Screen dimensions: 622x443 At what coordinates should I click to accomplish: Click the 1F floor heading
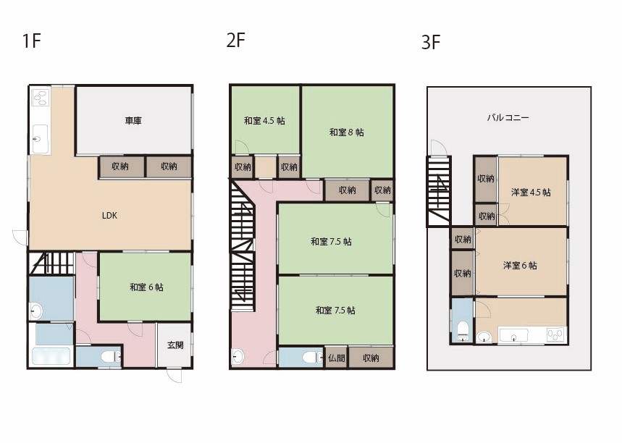coord(32,41)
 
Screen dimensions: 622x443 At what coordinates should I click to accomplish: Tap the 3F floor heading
coord(431,43)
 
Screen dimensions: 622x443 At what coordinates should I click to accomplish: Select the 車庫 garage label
coord(133,120)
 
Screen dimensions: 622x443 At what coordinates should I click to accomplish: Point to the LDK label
coord(109,216)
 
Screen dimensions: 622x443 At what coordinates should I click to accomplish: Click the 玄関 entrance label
coord(175,345)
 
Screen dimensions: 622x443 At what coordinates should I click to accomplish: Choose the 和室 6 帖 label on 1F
coord(146,287)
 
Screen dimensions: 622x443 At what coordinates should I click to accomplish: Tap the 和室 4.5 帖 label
coord(264,121)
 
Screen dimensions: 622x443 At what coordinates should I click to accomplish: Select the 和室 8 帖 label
coord(346,132)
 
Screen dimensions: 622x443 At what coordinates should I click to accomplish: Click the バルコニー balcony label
coord(508,117)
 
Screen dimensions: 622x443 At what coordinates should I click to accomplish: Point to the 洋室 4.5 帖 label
coord(531,193)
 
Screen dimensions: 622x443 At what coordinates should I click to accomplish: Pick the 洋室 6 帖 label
coord(520,266)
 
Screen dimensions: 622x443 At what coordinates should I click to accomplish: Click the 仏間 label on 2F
coord(337,358)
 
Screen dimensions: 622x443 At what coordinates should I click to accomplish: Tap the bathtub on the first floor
coord(51,356)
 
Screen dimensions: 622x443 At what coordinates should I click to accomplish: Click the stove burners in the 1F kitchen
coord(41,97)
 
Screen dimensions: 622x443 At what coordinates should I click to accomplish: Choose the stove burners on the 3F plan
coord(555,335)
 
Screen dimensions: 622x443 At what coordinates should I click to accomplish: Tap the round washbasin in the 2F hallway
coord(238,356)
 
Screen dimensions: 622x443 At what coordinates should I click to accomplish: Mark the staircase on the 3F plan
coord(439,191)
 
